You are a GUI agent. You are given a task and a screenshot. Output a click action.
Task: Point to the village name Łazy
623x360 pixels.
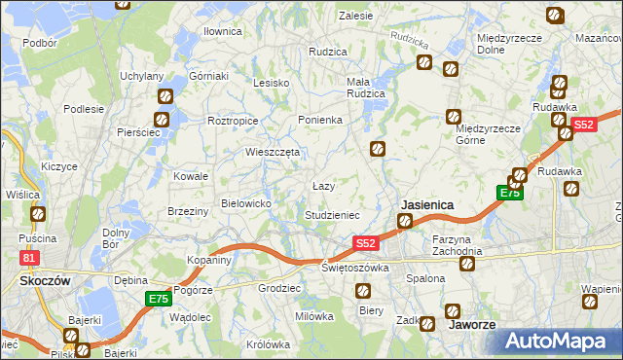pyautogui.click(x=323, y=186)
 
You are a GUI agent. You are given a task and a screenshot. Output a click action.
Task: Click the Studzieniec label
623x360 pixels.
pyautogui.click(x=333, y=215)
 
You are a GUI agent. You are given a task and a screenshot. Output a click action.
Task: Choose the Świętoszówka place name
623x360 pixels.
pyautogui.click(x=355, y=268)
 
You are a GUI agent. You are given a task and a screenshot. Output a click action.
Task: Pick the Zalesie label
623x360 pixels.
pyautogui.click(x=355, y=16)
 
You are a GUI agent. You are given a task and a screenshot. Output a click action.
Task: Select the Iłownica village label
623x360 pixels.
pyautogui.click(x=222, y=31)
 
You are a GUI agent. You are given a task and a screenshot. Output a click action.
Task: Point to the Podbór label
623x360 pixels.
pyautogui.click(x=39, y=43)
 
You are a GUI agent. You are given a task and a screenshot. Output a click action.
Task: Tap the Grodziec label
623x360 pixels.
pyautogui.click(x=276, y=289)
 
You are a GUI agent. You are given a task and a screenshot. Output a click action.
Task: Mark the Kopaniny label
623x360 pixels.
pyautogui.click(x=209, y=261)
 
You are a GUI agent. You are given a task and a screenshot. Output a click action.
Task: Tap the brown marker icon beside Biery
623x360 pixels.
pyautogui.click(x=362, y=290)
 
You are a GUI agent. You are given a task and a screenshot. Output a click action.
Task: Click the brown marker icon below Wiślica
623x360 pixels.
pyautogui.click(x=38, y=214)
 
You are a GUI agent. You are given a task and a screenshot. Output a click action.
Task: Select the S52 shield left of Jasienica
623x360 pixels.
pyautogui.click(x=364, y=242)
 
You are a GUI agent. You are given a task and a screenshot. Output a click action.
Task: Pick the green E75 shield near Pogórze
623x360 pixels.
pyautogui.click(x=159, y=299)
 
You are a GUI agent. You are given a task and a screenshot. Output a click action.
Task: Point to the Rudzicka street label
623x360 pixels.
pyautogui.click(x=409, y=40)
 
